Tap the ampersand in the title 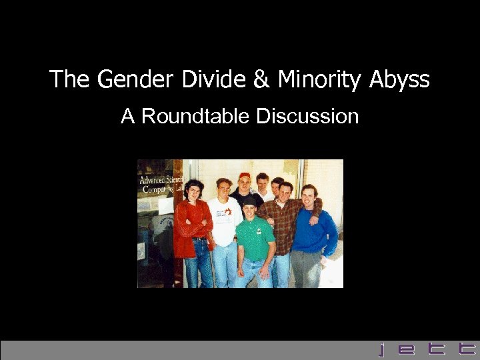(x=261, y=80)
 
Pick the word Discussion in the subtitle (x=307, y=117)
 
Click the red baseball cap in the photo (x=244, y=176)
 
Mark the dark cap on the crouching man (x=249, y=200)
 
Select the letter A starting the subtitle (x=127, y=117)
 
